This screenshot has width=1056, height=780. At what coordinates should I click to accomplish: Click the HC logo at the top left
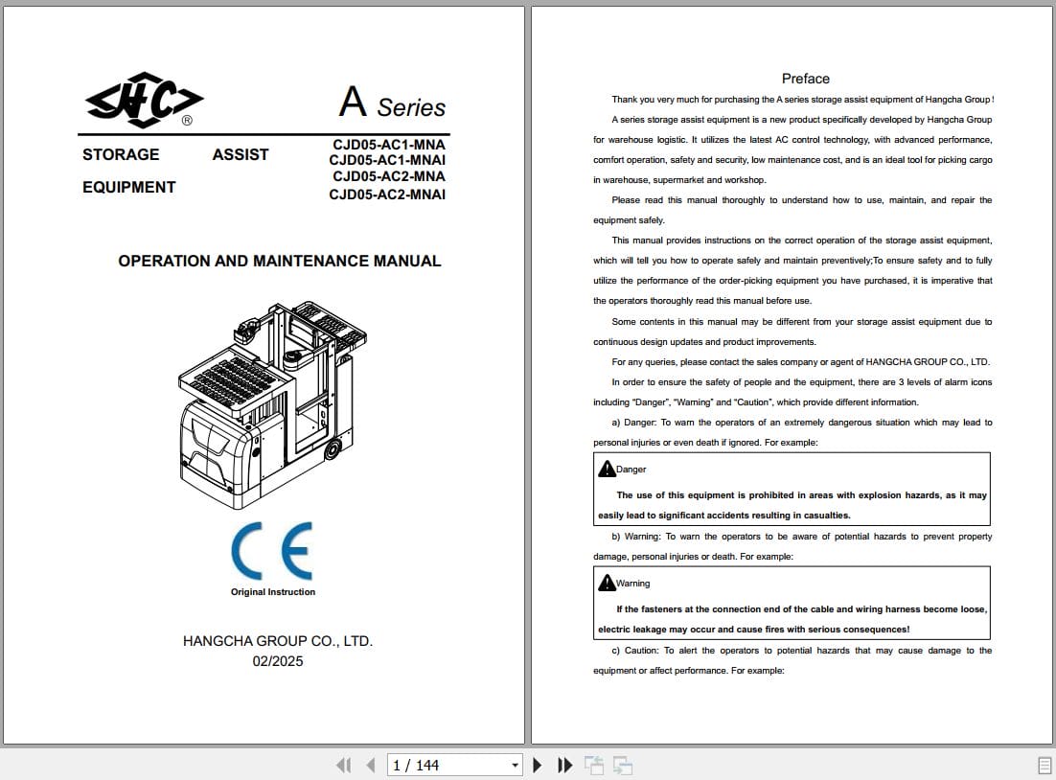pos(145,99)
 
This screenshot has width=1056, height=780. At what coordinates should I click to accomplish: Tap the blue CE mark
pos(271,551)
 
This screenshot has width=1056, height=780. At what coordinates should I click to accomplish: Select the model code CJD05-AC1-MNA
pos(388,145)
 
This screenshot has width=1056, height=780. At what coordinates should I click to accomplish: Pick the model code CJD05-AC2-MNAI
pos(387,195)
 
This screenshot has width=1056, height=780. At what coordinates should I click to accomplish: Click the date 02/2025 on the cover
pos(278,661)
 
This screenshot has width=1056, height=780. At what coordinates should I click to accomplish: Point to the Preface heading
pos(806,79)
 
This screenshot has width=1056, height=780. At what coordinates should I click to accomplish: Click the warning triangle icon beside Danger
pos(606,469)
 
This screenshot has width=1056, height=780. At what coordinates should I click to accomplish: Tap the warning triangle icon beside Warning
pos(606,583)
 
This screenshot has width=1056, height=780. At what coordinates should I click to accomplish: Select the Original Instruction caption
pos(273,592)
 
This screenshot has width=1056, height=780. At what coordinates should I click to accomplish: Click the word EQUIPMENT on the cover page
pos(129,187)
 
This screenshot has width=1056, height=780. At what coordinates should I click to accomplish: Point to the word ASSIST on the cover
pos(241,154)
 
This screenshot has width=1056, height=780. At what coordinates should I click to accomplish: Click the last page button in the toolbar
pos(565,765)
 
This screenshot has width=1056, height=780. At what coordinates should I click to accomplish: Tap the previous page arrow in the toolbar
pos(371,765)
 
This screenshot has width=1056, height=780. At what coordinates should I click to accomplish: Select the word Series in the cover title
pos(411,107)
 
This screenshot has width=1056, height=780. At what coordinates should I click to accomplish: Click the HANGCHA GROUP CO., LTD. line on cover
pos(278,641)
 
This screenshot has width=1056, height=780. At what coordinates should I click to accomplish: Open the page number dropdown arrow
pos(516,765)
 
